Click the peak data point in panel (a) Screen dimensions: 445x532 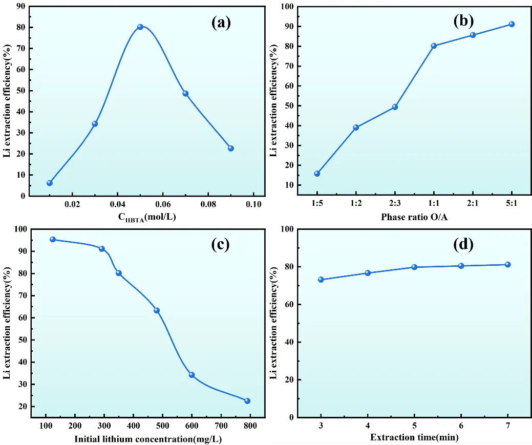point(140,27)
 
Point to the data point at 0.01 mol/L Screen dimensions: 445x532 point(50,183)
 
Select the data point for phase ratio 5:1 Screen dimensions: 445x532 point(511,24)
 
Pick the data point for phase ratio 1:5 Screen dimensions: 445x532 point(317,174)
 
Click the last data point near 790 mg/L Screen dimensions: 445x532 point(247,401)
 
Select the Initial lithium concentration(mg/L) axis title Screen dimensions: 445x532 point(148,438)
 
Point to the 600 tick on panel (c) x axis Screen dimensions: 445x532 point(191,426)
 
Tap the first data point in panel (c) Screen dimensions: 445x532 point(53,239)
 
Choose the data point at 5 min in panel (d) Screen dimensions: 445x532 point(414,267)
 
